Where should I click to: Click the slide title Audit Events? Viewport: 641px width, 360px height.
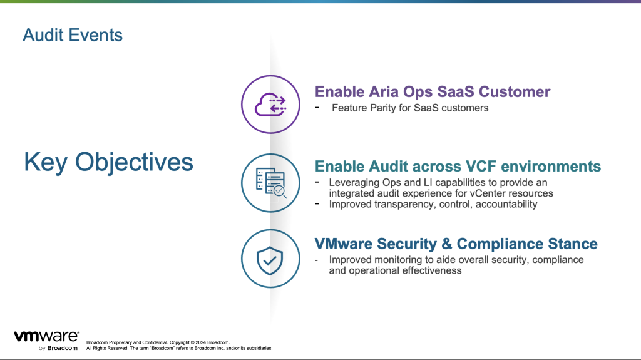73,35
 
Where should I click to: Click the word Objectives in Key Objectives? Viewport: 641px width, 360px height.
134,162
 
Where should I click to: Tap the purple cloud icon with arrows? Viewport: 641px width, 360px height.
270,105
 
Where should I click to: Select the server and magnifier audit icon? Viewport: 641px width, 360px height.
270,183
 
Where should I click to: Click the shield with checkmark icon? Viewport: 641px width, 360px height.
270,260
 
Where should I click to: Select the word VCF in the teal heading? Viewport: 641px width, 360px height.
481,167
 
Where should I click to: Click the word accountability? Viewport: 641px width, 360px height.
506,204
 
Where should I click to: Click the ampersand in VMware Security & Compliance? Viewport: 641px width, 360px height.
446,244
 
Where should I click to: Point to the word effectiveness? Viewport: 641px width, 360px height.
432,270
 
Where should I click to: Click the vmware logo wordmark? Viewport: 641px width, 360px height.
46,336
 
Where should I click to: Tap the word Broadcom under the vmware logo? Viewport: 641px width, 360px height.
62,348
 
